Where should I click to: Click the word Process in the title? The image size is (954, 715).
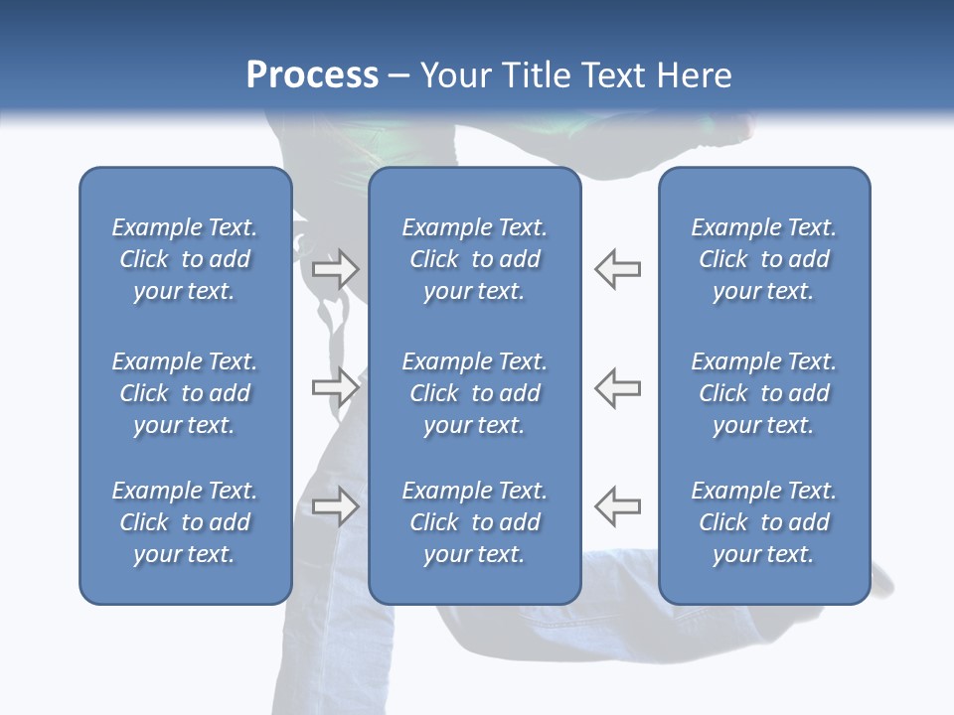pos(312,75)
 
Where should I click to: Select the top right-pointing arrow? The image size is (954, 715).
pos(335,269)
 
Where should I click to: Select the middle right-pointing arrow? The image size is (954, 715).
pos(335,386)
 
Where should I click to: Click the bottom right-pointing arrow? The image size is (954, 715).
pos(335,505)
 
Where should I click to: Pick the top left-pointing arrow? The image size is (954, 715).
pos(617,269)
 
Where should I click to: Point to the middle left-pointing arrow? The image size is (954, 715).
pos(617,386)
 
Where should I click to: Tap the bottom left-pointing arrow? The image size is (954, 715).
pos(617,505)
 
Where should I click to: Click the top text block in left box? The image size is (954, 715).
pos(185,259)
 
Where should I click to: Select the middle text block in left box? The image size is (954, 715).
pos(185,393)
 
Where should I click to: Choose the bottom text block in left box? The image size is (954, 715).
pos(185,522)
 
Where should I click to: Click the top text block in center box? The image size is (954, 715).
pos(474,259)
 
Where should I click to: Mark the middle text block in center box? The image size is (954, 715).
pos(474,393)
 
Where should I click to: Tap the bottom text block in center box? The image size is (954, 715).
pos(474,522)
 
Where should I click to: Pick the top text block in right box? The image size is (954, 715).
pos(763,259)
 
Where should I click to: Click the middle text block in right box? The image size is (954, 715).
pos(763,393)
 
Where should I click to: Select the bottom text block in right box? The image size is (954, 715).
pos(763,522)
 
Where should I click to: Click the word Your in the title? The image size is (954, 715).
pos(453,75)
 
